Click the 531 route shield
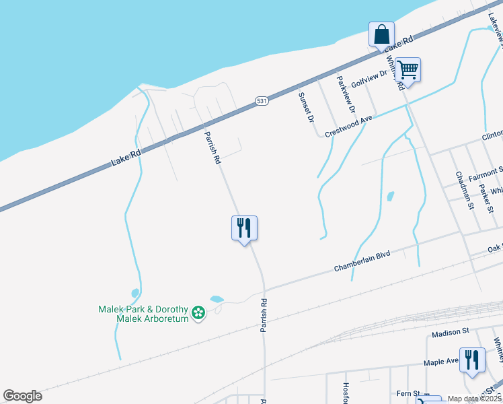262,101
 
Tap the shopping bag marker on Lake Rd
381,34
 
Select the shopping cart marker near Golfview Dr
408,69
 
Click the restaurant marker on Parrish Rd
244,229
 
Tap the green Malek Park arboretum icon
198,312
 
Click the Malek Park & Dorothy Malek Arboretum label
144,314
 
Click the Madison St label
450,333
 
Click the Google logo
23,396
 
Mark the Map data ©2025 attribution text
473,399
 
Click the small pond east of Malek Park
217,299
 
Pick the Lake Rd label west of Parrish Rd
126,159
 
